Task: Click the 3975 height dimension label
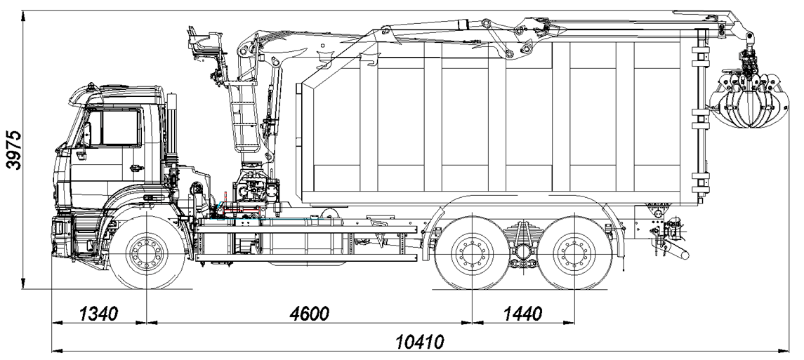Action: (x=14, y=149)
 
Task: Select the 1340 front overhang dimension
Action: (x=98, y=313)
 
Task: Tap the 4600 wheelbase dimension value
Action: (x=309, y=313)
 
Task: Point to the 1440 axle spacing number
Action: (x=522, y=313)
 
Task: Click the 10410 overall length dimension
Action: (x=420, y=341)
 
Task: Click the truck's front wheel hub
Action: (x=147, y=252)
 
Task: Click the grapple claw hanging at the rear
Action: (x=749, y=100)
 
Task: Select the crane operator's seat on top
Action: (x=204, y=43)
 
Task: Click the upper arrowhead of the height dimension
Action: (x=24, y=17)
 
